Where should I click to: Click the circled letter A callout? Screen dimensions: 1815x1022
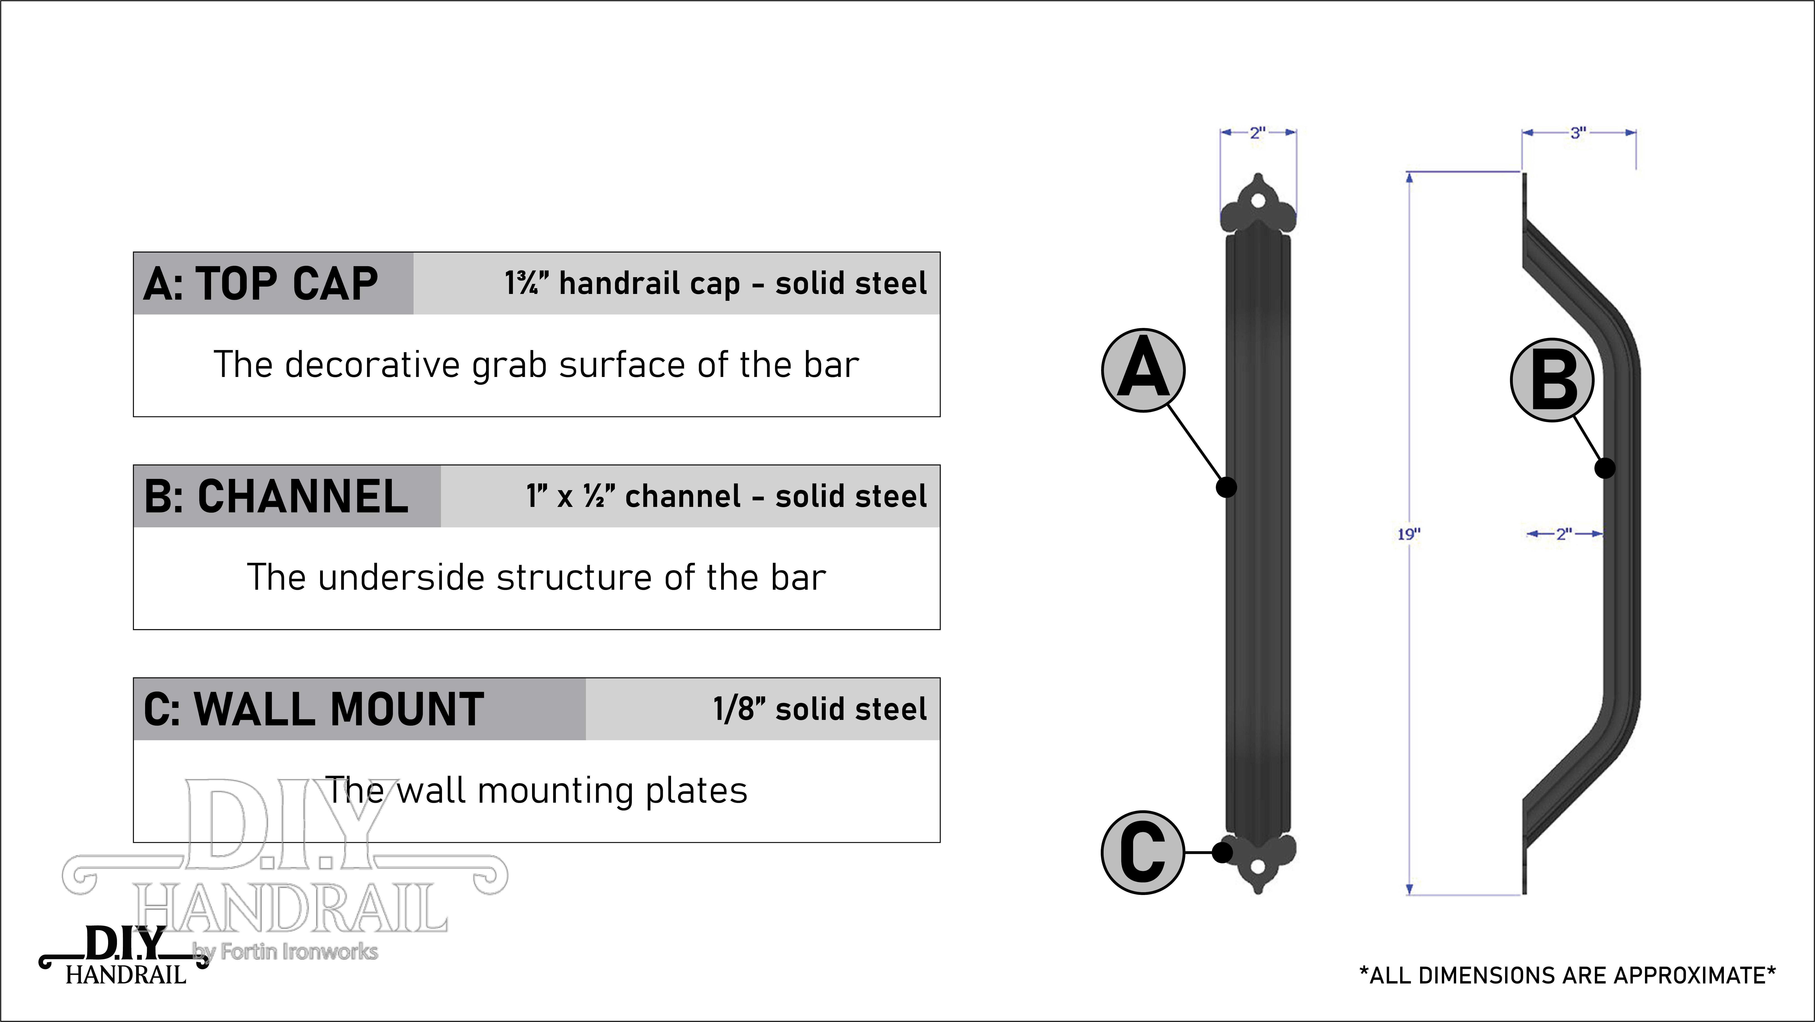click(x=1143, y=370)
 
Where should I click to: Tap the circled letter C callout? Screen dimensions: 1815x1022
click(x=1143, y=853)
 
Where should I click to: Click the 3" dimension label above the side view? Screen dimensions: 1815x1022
click(x=1578, y=132)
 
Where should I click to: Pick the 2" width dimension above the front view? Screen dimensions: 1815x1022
click(x=1258, y=132)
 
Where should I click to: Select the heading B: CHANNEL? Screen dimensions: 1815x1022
click(x=276, y=496)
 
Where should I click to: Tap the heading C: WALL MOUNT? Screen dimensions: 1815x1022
click(x=314, y=709)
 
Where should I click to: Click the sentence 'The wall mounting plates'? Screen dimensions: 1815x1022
click(x=536, y=790)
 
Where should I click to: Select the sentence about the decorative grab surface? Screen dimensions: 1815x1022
click(x=536, y=365)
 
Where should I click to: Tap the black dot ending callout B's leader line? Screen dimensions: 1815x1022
click(x=1605, y=468)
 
